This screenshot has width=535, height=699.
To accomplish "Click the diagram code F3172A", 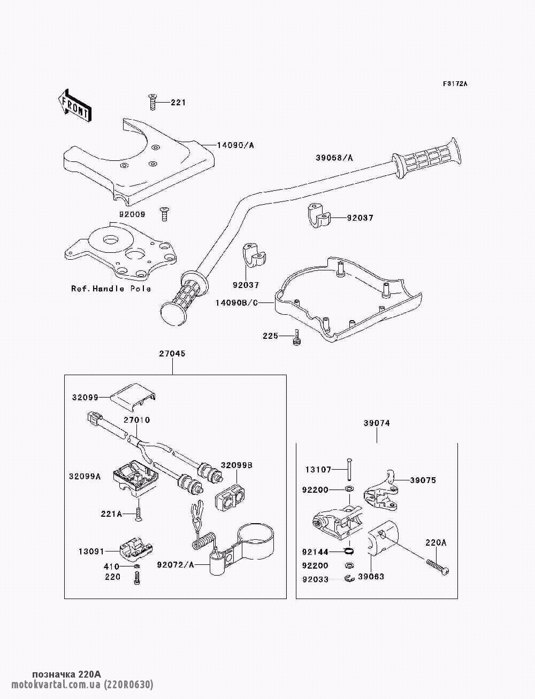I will tap(455, 84).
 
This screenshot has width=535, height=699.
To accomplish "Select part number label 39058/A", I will tap(334, 158).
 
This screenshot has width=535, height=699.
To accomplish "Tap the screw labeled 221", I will tap(152, 102).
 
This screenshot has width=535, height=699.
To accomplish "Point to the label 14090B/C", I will tap(236, 302).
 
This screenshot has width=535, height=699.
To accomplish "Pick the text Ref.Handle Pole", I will tap(111, 289).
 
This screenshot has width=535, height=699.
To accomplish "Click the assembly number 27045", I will tap(172, 354).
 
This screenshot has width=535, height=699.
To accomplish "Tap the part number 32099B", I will tap(236, 465).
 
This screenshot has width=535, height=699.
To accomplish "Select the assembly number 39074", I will tap(377, 423).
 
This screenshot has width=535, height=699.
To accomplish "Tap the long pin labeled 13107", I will tap(348, 469).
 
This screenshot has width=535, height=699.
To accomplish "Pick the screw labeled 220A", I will tap(438, 565).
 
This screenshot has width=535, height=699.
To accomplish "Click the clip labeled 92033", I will tap(349, 578).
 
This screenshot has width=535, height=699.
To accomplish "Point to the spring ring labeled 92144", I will tap(348, 551).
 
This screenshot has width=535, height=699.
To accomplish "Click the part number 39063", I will tap(371, 577).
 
